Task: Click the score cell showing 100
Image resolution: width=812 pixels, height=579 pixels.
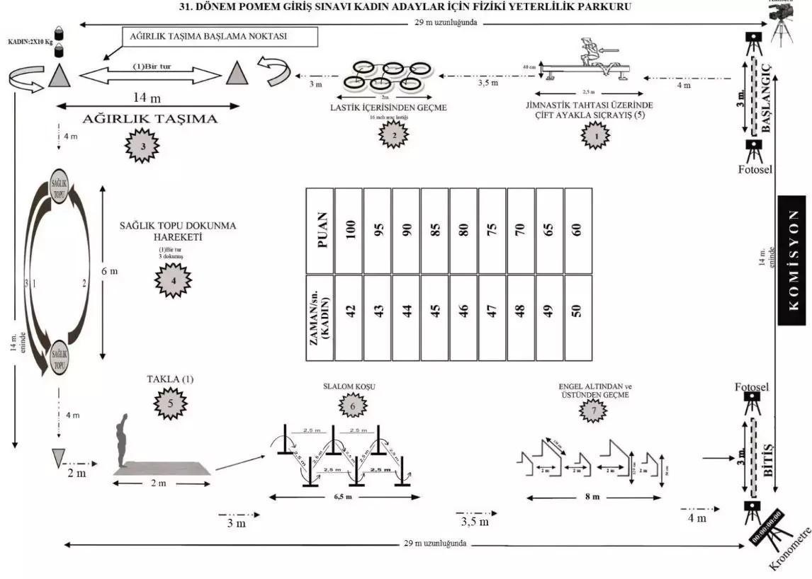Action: tap(349, 230)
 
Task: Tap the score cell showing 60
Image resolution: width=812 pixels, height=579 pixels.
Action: tap(578, 230)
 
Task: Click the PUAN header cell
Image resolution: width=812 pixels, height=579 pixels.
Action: tap(320, 230)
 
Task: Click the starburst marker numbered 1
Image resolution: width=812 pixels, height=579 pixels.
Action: tap(595, 133)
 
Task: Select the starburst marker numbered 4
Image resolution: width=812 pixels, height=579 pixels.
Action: tap(171, 280)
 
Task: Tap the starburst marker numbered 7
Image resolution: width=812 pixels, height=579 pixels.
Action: tap(594, 411)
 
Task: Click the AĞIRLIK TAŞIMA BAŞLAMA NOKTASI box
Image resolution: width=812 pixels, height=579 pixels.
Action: tap(220, 38)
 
